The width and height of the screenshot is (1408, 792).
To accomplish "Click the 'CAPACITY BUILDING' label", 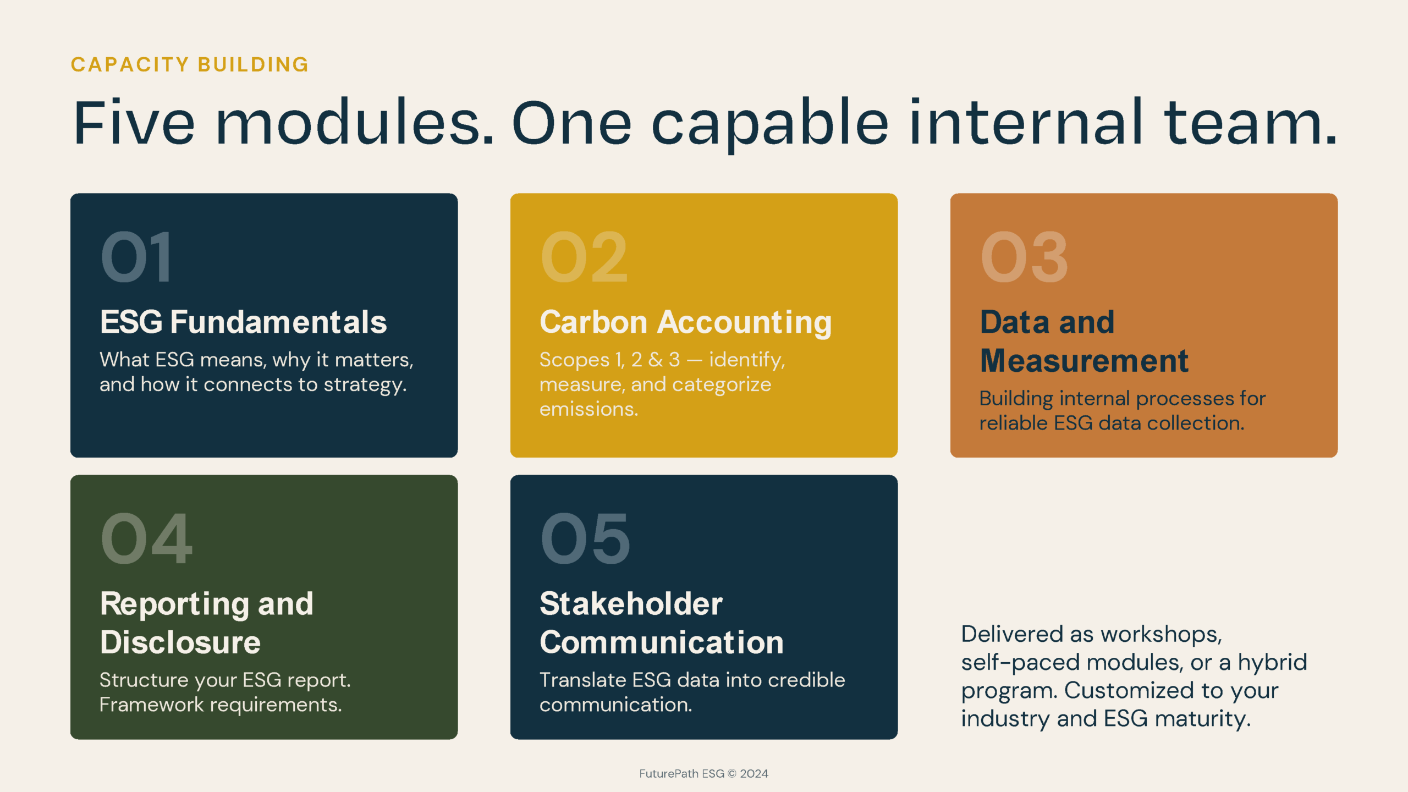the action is point(190,64).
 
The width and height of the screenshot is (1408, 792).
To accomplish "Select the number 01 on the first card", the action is point(136,257).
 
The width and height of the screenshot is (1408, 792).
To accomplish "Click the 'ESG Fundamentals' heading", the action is point(243,322).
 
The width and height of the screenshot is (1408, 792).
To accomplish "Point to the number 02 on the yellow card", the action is point(584,257).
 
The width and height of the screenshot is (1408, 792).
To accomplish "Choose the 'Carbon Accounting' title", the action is point(685,323).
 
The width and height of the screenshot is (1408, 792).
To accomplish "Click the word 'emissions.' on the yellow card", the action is point(588,409).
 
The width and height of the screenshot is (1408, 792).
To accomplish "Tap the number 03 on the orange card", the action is point(1024,257).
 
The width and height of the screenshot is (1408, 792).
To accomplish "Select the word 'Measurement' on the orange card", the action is point(1084,361).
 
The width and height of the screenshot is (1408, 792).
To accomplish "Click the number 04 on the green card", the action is point(146,538).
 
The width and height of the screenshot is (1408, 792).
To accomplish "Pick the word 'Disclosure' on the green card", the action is point(180,642).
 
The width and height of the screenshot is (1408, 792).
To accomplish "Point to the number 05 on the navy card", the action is point(585,538).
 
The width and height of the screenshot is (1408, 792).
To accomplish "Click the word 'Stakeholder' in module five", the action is point(631,604).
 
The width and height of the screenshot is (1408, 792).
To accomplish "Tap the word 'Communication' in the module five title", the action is point(662,642).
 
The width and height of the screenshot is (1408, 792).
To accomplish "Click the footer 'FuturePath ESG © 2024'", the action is point(703,773).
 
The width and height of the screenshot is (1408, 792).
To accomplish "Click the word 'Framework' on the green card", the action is point(151,705).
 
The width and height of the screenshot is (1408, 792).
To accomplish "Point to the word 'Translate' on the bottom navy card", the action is point(582,680).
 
